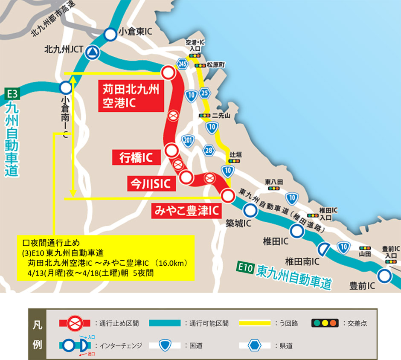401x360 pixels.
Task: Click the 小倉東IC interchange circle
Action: point(110,33)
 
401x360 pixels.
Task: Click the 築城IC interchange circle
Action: point(250,210)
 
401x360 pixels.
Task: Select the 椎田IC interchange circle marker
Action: point(297,231)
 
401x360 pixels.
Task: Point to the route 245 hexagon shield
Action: point(183,64)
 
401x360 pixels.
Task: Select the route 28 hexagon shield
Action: point(209,150)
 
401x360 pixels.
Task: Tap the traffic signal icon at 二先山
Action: point(205,116)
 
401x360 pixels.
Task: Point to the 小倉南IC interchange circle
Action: point(65,88)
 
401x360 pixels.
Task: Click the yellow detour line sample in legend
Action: point(255,323)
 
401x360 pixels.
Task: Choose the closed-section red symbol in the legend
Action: point(75,322)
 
